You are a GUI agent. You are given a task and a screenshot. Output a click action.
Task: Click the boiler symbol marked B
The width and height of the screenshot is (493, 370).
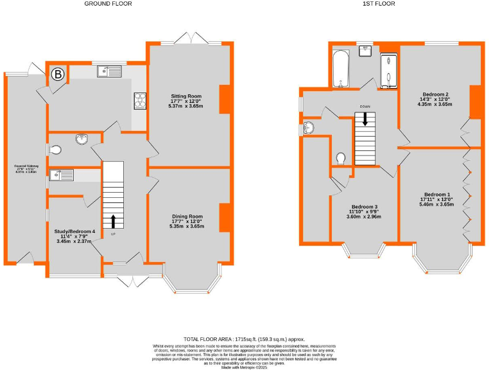pyautogui.click(x=58, y=75)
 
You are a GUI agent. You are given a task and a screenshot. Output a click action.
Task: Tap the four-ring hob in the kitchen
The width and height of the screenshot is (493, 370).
pyautogui.click(x=139, y=101)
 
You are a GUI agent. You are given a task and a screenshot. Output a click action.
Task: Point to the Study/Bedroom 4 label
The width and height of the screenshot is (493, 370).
pyautogui.click(x=75, y=235)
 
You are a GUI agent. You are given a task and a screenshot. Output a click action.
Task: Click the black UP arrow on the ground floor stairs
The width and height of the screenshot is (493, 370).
pyautogui.click(x=113, y=222)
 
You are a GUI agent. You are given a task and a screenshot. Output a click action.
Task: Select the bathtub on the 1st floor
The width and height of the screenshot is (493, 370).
pyautogui.click(x=340, y=69)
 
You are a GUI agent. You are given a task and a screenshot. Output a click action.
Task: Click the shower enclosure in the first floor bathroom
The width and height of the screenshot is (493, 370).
pyautogui.click(x=389, y=71)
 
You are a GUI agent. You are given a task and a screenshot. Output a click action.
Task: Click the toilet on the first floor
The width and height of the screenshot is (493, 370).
pyautogui.click(x=341, y=158)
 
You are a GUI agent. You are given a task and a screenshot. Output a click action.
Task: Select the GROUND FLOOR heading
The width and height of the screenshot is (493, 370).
pyautogui.click(x=108, y=4)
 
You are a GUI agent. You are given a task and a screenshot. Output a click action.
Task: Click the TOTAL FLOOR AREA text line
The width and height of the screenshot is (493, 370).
pyautogui.click(x=244, y=339)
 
